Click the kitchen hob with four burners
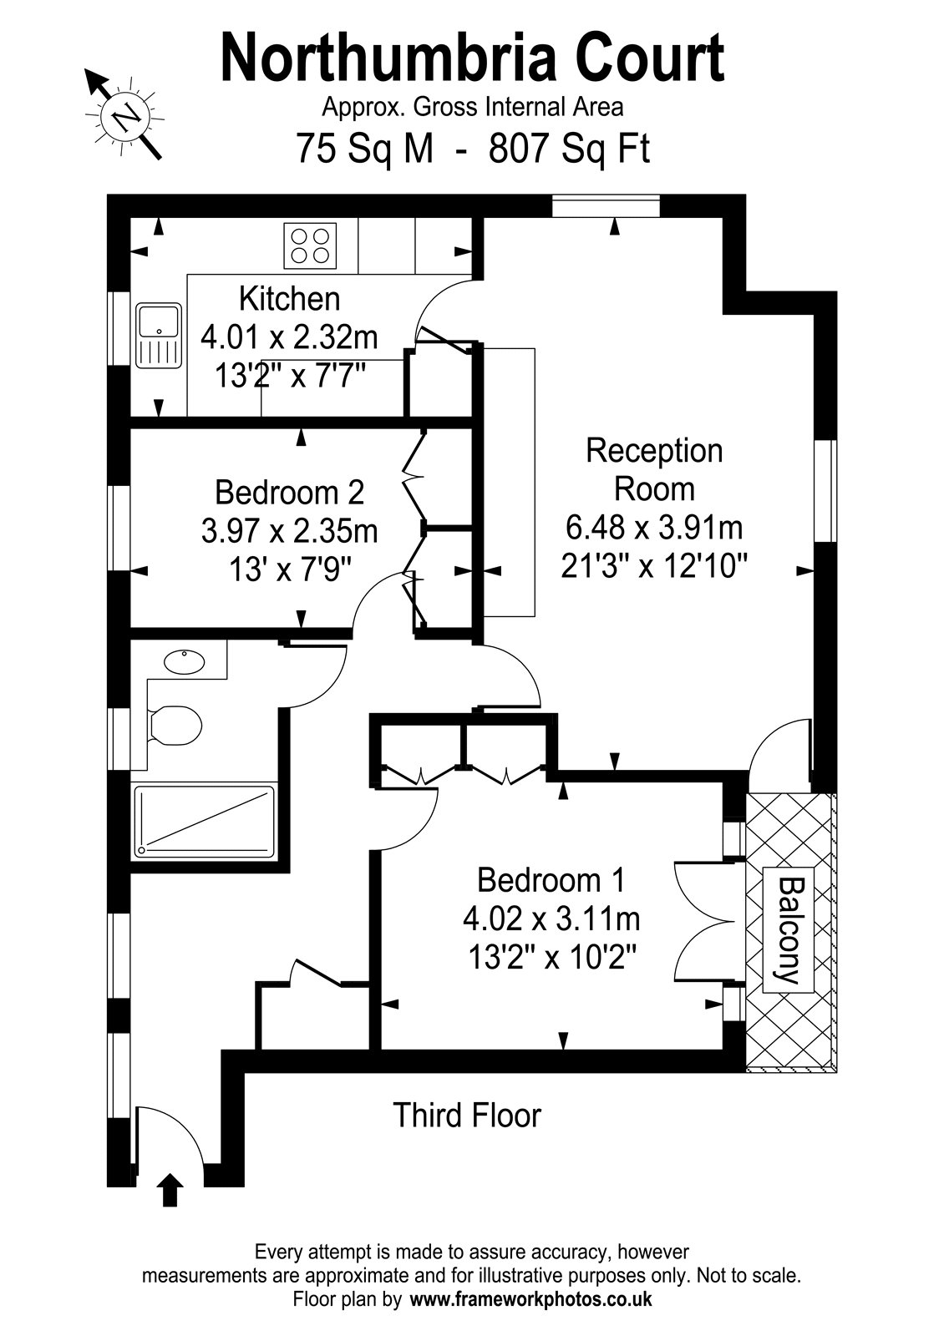[310, 245]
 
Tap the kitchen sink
[159, 335]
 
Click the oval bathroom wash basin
[184, 662]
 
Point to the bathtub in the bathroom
[205, 822]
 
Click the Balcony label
[789, 930]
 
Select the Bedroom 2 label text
[289, 492]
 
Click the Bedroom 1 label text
[551, 880]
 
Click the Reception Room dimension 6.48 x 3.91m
[654, 527]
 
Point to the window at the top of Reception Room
[606, 205]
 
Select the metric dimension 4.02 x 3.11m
[551, 918]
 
